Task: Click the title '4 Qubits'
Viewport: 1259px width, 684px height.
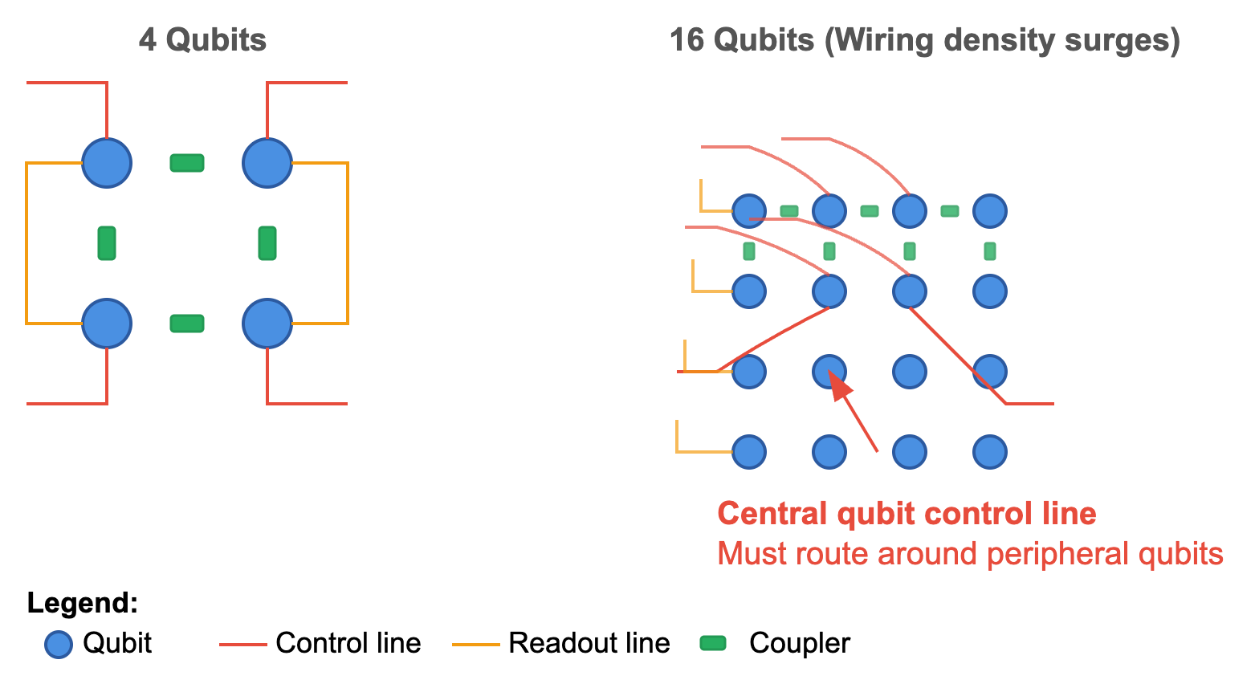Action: [202, 40]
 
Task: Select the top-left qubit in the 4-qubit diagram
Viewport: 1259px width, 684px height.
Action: [107, 163]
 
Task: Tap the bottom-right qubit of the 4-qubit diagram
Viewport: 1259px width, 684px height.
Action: [267, 324]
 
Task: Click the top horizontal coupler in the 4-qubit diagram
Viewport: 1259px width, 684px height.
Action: [187, 163]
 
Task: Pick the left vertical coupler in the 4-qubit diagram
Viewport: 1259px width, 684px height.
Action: [107, 243]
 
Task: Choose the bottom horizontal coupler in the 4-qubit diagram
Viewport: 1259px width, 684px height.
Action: [187, 324]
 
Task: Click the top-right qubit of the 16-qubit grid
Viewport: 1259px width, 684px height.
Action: [990, 211]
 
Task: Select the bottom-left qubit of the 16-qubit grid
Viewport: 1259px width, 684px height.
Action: [749, 452]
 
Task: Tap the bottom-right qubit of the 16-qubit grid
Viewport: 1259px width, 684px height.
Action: [990, 452]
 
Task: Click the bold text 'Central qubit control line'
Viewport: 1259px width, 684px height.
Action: [907, 514]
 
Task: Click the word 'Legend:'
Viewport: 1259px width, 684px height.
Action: [82, 603]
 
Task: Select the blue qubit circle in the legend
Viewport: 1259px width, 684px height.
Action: [59, 644]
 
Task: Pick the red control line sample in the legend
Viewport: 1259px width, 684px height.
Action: [242, 644]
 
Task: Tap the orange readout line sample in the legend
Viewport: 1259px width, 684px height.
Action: [476, 644]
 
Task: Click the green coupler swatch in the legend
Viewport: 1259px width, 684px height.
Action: [713, 643]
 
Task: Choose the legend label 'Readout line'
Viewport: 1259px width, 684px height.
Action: [589, 643]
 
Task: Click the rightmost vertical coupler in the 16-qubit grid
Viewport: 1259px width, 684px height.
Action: [990, 251]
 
